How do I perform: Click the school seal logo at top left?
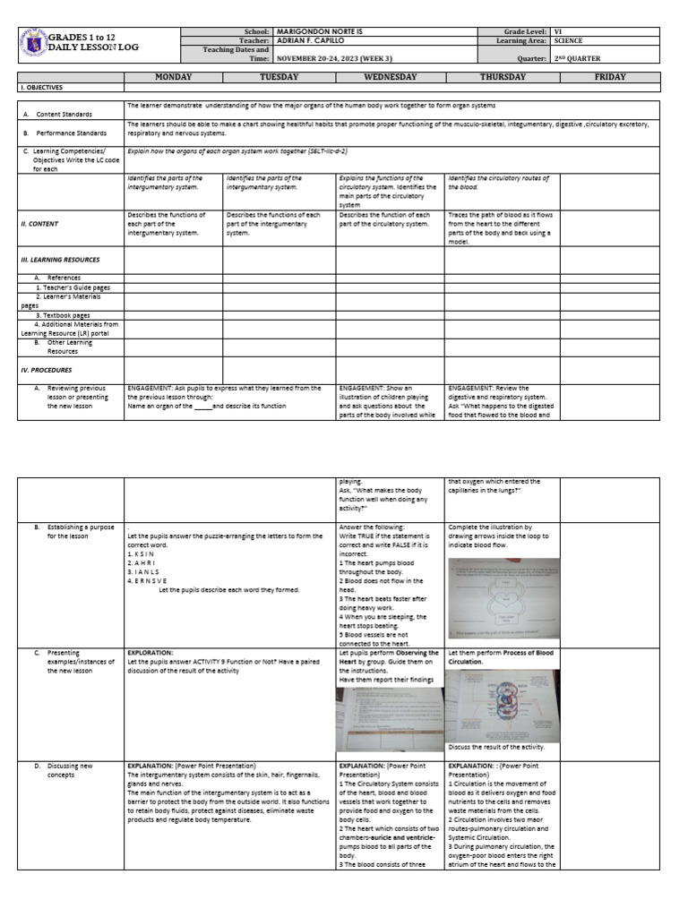[x=32, y=44]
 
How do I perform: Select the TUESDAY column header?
[x=279, y=78]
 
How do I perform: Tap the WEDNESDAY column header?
[x=390, y=78]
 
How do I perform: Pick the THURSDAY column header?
[x=503, y=78]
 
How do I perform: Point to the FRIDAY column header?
[x=609, y=78]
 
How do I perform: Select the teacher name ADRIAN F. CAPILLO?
[x=313, y=40]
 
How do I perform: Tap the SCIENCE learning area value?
[x=568, y=40]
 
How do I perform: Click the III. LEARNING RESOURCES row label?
[x=59, y=260]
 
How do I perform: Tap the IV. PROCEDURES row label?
[x=47, y=369]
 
